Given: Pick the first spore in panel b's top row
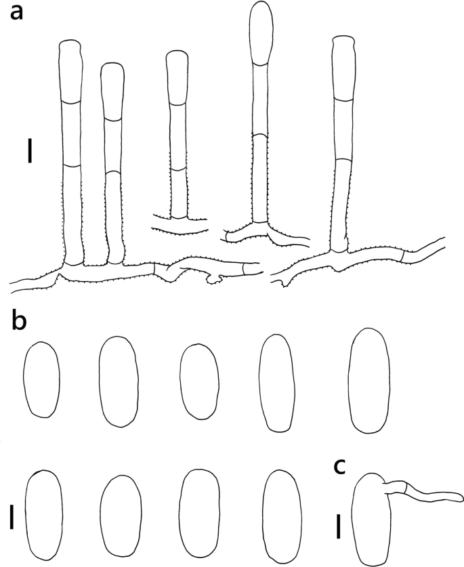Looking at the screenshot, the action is [x=42, y=379].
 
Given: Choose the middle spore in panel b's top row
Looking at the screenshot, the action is [x=199, y=377].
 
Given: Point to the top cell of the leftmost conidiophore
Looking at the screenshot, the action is [x=70, y=70].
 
